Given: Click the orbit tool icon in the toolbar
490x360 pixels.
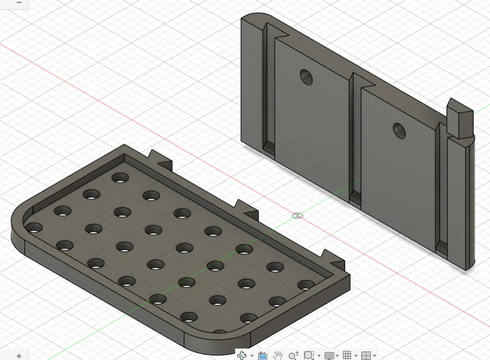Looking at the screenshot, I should [242, 355].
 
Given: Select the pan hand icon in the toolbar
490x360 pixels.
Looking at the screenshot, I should [278, 355].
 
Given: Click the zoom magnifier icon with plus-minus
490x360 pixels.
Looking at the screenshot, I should [293, 355].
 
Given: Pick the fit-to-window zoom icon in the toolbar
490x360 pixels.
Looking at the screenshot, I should [308, 355].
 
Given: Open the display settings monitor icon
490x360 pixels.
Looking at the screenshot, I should [329, 355].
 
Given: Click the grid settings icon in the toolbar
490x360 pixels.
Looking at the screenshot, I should [347, 355].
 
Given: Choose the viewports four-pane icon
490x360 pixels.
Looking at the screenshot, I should [365, 355].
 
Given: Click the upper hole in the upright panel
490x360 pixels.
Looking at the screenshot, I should [306, 76].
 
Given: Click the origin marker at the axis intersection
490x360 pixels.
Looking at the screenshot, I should [297, 215].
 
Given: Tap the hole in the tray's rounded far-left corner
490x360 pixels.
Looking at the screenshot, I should [32, 228].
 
